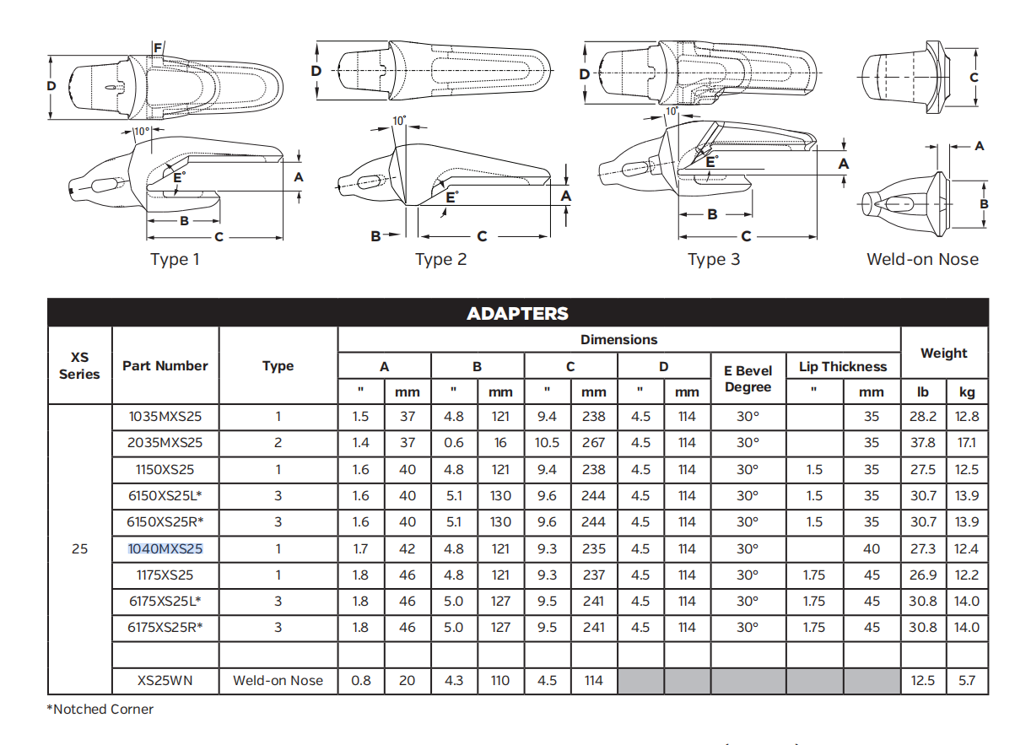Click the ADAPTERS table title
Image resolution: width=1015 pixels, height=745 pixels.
pyautogui.click(x=517, y=314)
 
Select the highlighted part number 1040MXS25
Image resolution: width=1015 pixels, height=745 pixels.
pyautogui.click(x=165, y=548)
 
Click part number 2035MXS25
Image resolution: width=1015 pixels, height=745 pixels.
pyautogui.click(x=165, y=442)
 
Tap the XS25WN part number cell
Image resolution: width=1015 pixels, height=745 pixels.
pyautogui.click(x=165, y=680)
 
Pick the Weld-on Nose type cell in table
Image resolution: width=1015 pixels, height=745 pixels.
pyautogui.click(x=278, y=680)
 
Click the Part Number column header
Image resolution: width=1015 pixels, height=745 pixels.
pyautogui.click(x=165, y=365)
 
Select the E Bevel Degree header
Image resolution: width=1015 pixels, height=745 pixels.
pyautogui.click(x=748, y=379)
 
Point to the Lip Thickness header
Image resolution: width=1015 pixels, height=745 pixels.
pyautogui.click(x=843, y=366)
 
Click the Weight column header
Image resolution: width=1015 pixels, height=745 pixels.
pyautogui.click(x=943, y=353)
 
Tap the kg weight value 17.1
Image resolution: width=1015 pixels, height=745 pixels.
pyautogui.click(x=967, y=442)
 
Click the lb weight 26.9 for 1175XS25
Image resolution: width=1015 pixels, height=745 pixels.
pyautogui.click(x=922, y=575)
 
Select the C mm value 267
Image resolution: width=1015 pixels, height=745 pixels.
pyautogui.click(x=594, y=442)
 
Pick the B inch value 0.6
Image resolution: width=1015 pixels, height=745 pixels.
pyautogui.click(x=454, y=442)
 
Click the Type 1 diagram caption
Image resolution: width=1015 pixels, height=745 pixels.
pyautogui.click(x=175, y=259)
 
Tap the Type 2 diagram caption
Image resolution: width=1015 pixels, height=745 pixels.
pyautogui.click(x=440, y=259)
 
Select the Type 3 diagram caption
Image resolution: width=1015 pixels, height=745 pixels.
pyautogui.click(x=714, y=259)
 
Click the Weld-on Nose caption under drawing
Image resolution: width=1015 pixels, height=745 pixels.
pyautogui.click(x=922, y=259)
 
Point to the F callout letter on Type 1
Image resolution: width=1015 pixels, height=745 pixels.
pyautogui.click(x=157, y=48)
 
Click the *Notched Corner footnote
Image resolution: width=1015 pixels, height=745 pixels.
pyautogui.click(x=100, y=709)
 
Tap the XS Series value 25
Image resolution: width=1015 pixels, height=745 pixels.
pyautogui.click(x=79, y=548)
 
